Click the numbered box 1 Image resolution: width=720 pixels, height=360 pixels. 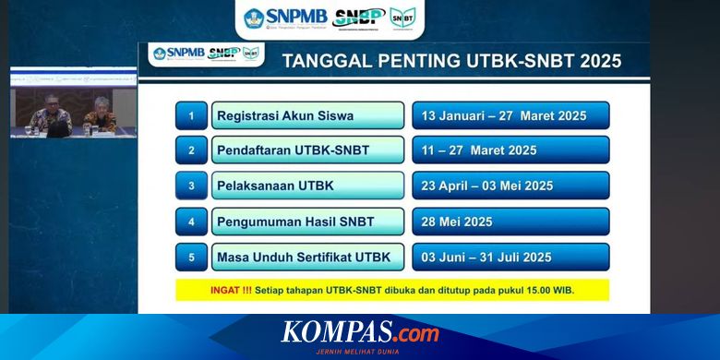(x=191, y=115)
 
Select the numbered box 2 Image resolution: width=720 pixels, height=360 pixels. (x=191, y=150)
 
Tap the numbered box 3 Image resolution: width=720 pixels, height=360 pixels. (x=191, y=186)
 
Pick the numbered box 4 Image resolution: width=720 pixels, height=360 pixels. (x=191, y=222)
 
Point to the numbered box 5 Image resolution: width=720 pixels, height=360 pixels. (x=191, y=257)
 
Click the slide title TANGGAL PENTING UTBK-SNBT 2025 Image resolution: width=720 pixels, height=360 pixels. (x=450, y=62)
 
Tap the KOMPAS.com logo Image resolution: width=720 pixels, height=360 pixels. (x=360, y=332)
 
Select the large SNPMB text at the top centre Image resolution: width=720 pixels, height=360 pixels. (x=296, y=16)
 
